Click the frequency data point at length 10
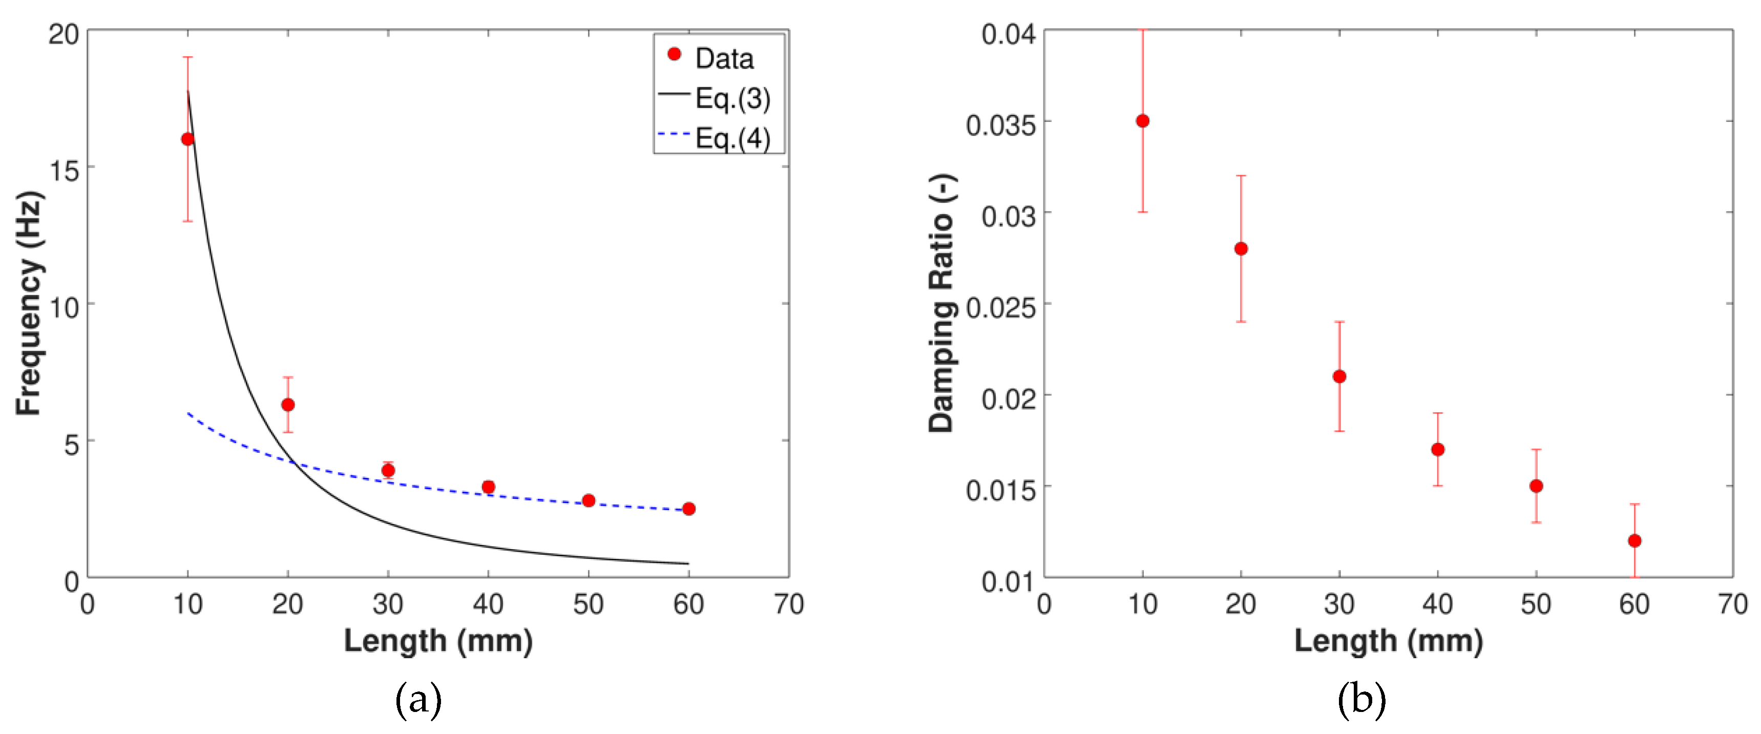point(187,139)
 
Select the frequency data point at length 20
point(288,405)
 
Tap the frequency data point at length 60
point(688,509)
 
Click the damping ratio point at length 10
point(1142,121)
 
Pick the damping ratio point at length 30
point(1339,376)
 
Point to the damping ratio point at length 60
point(1634,540)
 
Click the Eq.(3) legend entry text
point(732,98)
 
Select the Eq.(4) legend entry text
point(732,138)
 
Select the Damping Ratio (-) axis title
point(941,303)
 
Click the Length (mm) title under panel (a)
point(438,641)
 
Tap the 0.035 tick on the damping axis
point(999,125)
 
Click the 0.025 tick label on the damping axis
point(999,307)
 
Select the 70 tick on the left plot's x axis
point(788,604)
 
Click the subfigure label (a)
point(418,699)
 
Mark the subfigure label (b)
point(1361,699)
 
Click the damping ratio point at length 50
point(1536,486)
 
